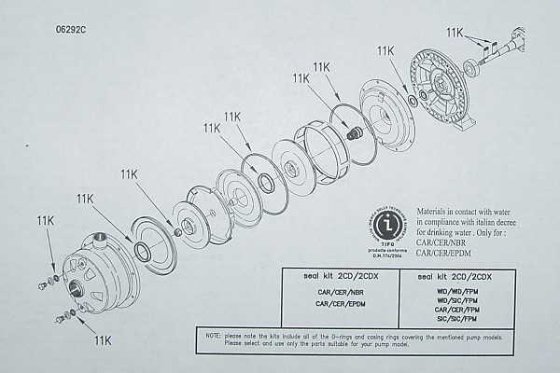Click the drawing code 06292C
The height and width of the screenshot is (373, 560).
click(72, 29)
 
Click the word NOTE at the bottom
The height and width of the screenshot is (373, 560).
click(207, 333)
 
